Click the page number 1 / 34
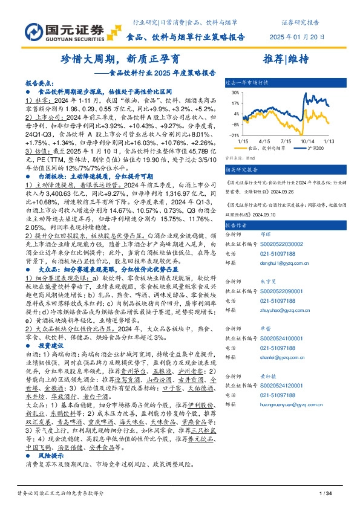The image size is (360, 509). (x=324, y=494)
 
